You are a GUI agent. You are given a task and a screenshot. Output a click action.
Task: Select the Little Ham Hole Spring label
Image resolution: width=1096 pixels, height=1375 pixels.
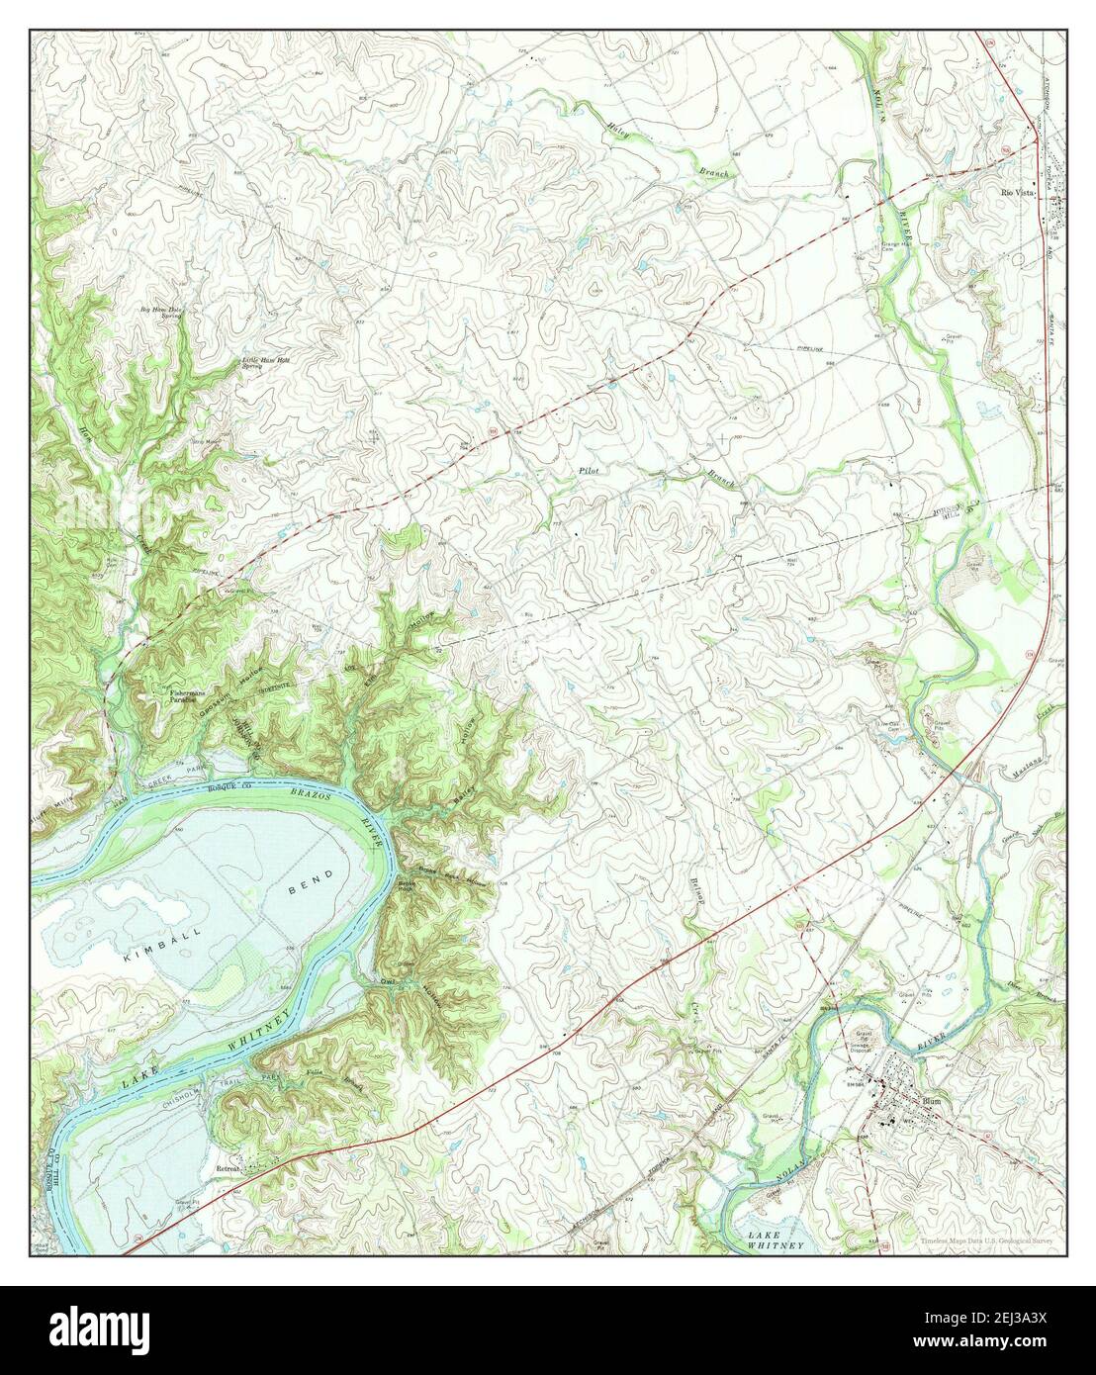[264, 363]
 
